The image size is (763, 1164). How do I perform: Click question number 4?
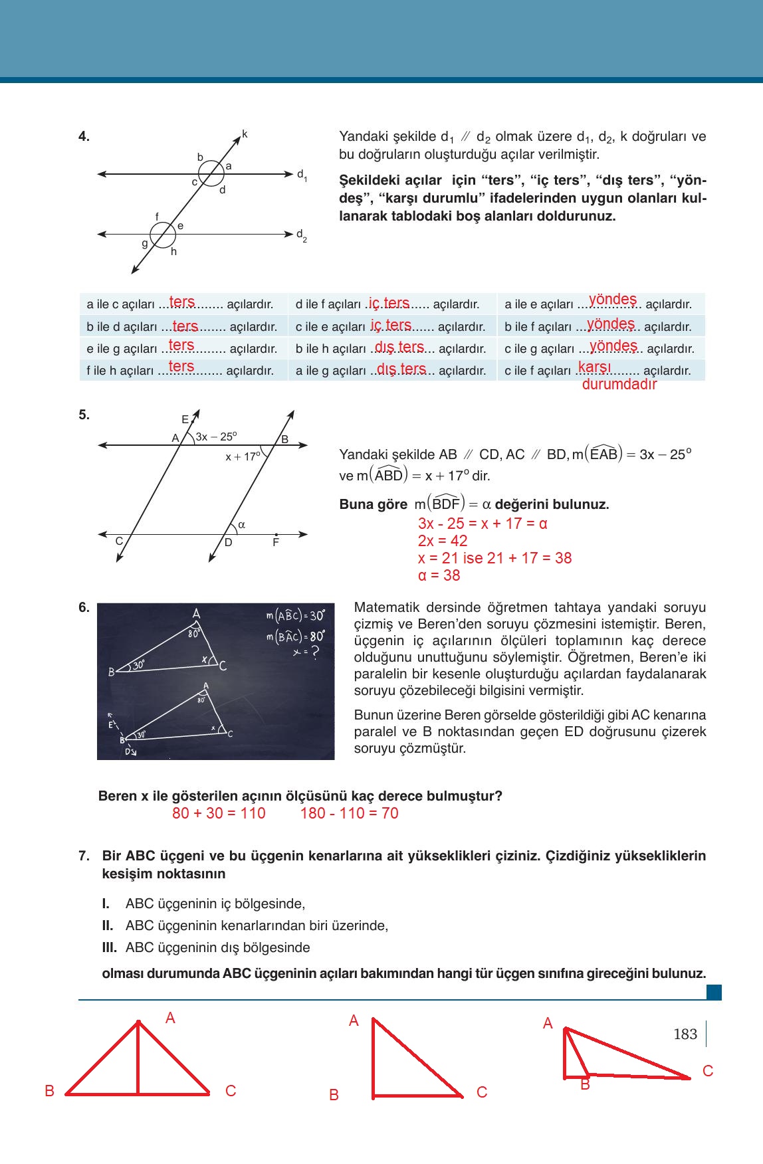(84, 137)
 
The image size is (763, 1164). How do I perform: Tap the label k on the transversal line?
(245, 135)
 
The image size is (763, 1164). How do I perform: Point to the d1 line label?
(301, 175)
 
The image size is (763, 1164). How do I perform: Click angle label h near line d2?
(173, 252)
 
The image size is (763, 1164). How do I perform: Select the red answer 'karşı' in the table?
(594, 367)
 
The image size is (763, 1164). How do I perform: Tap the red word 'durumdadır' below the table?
(619, 384)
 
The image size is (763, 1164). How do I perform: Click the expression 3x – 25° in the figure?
(216, 436)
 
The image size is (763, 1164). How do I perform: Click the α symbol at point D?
(241, 525)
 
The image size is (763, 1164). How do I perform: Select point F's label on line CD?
(276, 543)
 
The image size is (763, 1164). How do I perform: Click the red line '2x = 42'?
(442, 541)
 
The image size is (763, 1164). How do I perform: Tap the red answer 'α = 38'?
(439, 575)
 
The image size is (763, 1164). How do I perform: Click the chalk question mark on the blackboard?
(315, 652)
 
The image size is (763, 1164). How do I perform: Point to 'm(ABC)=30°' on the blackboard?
(295, 615)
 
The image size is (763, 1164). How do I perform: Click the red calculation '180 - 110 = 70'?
(349, 813)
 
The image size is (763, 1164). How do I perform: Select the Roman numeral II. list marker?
(108, 925)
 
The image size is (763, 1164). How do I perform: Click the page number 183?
(685, 1034)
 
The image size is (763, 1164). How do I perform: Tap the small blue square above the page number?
(713, 993)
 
